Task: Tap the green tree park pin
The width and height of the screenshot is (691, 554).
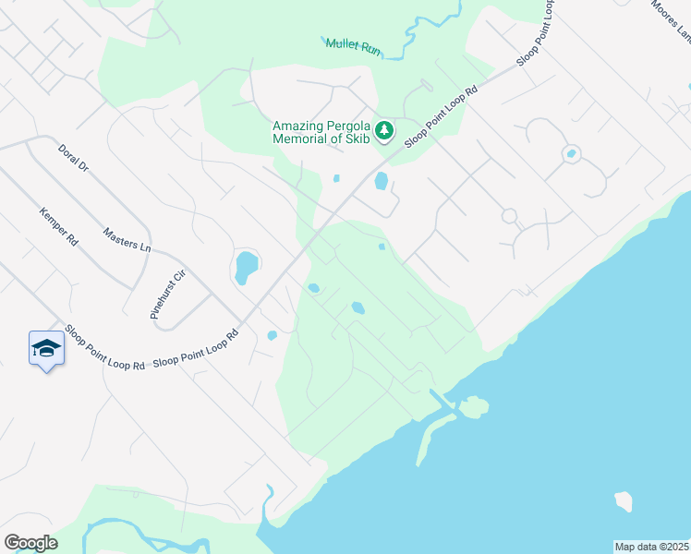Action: (x=385, y=131)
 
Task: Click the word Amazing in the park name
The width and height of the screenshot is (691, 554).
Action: (x=300, y=126)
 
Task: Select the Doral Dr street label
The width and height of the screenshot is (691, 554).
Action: (x=72, y=159)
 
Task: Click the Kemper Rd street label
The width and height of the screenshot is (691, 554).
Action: (x=58, y=225)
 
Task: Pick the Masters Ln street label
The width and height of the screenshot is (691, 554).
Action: (x=127, y=240)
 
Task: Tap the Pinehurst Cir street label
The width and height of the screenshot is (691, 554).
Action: (x=167, y=295)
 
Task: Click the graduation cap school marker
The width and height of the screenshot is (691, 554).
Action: (x=46, y=348)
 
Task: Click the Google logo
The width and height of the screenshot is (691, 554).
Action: (x=30, y=543)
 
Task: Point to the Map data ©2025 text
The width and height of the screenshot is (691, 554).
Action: (x=651, y=547)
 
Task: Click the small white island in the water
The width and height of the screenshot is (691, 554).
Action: (x=624, y=501)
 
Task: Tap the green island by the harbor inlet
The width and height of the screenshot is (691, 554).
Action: (x=474, y=406)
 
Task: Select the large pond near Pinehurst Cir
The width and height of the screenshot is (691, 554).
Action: (x=246, y=267)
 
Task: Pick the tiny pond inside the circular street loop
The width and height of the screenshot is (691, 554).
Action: (x=571, y=153)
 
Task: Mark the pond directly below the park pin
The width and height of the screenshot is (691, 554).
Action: (x=381, y=181)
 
